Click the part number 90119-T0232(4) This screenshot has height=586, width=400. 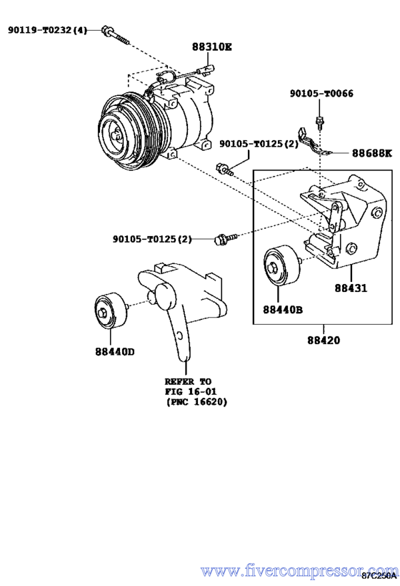coord(47,30)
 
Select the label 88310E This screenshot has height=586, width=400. coord(212,47)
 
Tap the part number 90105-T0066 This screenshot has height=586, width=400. coord(321,94)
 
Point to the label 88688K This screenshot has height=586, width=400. coord(372,153)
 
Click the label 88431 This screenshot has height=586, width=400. coord(351,288)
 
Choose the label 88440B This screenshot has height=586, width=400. coord(283,309)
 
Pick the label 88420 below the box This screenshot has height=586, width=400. coord(324,340)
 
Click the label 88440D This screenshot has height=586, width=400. coord(114,352)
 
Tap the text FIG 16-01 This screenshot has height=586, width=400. coord(191,391)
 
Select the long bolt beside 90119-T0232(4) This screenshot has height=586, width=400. coord(116,36)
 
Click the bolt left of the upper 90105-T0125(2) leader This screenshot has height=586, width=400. coord(224,170)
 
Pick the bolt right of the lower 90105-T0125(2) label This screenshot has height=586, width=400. coord(226,238)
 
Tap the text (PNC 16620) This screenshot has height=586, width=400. coord(196,402)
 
